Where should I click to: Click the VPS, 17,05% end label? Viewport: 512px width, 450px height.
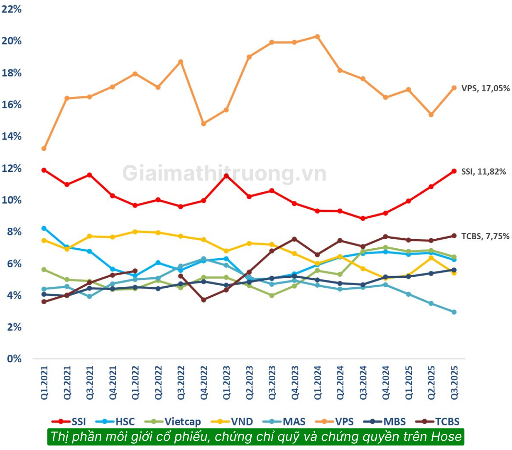[x=485, y=88]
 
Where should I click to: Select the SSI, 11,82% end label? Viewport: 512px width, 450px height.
[x=483, y=172]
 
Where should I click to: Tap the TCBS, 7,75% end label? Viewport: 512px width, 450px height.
[x=485, y=236]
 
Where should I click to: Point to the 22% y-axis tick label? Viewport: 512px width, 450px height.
[x=11, y=9]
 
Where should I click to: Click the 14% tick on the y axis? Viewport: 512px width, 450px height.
[x=11, y=136]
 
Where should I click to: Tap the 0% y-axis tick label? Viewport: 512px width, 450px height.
[x=14, y=359]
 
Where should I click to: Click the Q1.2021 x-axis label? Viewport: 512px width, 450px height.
[x=44, y=383]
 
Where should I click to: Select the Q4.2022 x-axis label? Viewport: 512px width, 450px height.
[x=204, y=383]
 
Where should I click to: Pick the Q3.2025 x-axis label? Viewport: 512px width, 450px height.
[x=454, y=383]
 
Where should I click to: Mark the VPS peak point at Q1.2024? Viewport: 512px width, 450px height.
[x=317, y=37]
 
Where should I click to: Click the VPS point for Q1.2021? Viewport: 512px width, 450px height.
[x=44, y=149]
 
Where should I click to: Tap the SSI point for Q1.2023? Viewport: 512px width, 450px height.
[x=226, y=176]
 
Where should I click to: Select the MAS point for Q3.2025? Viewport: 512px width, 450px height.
[x=454, y=312]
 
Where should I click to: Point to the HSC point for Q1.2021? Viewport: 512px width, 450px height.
[x=44, y=228]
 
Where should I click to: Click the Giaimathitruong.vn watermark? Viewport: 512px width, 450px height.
[x=224, y=174]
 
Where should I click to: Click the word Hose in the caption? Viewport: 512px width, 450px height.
[x=446, y=437]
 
